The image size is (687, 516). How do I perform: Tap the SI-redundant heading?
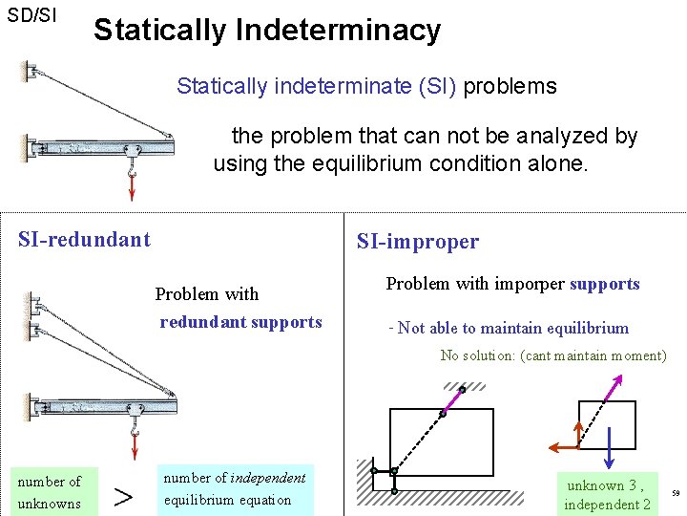[x=84, y=239]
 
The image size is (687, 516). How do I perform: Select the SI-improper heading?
[x=417, y=242]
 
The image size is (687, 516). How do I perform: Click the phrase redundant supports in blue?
[x=240, y=322]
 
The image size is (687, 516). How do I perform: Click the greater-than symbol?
[x=123, y=495]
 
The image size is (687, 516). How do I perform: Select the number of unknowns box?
[x=49, y=491]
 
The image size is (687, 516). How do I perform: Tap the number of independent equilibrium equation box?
[x=234, y=488]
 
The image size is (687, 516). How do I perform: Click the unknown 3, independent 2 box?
[x=607, y=494]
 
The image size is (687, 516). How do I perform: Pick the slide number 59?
[x=675, y=494]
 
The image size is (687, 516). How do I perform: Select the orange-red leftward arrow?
[x=564, y=446]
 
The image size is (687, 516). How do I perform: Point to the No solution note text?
[x=552, y=355]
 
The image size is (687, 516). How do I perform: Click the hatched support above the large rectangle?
[x=464, y=385]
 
